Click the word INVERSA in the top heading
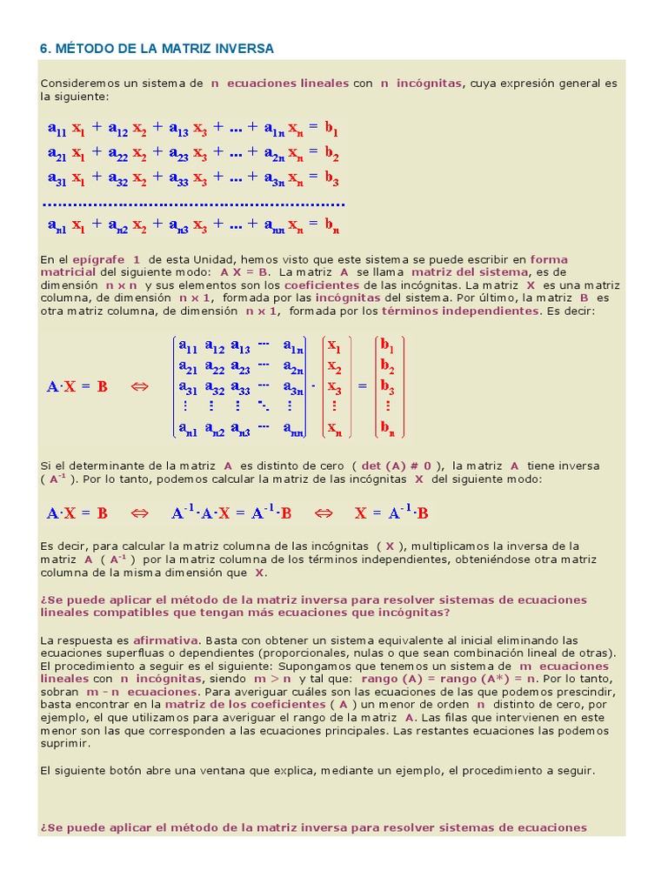click(244, 49)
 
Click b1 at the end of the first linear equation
click(331, 129)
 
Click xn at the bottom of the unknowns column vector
click(333, 427)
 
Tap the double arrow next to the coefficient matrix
click(140, 386)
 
